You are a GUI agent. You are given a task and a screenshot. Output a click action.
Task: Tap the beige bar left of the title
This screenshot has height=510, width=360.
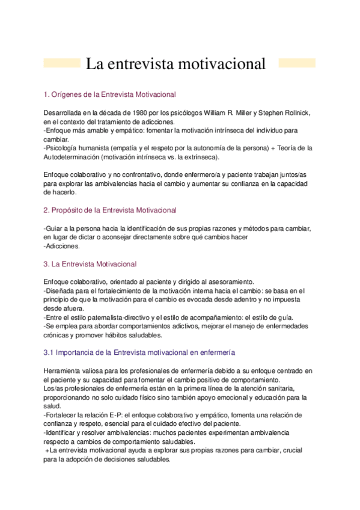tap(63, 63)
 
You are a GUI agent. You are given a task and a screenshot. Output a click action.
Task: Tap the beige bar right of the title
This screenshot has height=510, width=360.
tap(296, 63)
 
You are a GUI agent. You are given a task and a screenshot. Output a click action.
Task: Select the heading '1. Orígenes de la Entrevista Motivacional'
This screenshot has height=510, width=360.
tap(110, 94)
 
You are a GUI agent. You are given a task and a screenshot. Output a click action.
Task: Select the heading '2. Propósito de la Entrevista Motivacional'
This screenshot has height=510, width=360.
tap(111, 210)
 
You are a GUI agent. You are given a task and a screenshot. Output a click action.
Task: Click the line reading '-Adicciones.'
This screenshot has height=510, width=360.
tap(62, 246)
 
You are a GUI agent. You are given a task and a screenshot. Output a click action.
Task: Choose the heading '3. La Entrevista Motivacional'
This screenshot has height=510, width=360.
tap(91, 264)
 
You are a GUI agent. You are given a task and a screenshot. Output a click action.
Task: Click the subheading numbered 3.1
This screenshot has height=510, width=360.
tap(139, 352)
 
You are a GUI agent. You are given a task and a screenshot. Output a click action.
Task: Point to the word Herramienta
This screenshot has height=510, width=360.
tap(64, 371)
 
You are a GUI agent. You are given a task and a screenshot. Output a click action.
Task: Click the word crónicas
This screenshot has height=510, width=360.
tap(58, 334)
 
